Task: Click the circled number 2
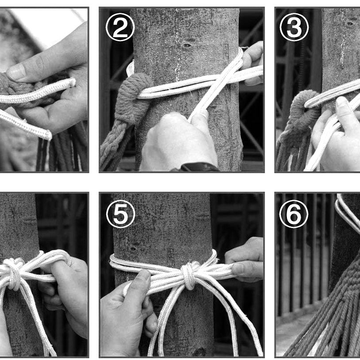[x=120, y=27]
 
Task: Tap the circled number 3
[x=294, y=27]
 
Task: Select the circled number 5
[x=120, y=214]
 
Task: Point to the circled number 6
[x=294, y=214]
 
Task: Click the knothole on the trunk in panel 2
[x=187, y=45]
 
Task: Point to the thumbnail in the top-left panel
[x=16, y=72]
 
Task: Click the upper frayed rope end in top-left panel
[x=72, y=82]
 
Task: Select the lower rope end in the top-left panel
[x=47, y=135]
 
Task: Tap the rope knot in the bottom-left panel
[x=14, y=273]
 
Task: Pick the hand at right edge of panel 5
[x=244, y=259]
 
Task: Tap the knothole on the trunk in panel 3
[x=350, y=23]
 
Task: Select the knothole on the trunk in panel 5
[x=133, y=249]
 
